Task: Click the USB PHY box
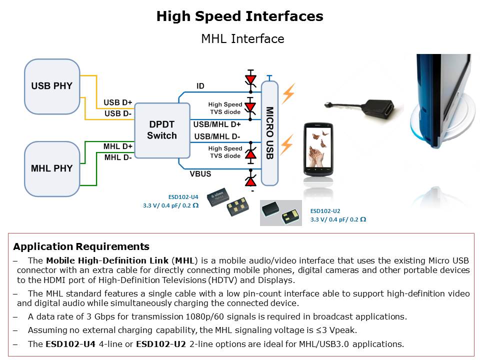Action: pyautogui.click(x=52, y=86)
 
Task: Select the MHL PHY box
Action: pyautogui.click(x=52, y=168)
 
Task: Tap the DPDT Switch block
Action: pyautogui.click(x=162, y=129)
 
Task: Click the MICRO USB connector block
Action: pyautogui.click(x=269, y=132)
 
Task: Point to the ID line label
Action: pyautogui.click(x=200, y=86)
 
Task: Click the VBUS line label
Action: pyautogui.click(x=200, y=174)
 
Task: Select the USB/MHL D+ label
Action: pyautogui.click(x=217, y=124)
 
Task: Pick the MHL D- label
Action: pyautogui.click(x=117, y=157)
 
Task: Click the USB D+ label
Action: pyautogui.click(x=117, y=102)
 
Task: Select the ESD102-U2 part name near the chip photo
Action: pyautogui.click(x=326, y=211)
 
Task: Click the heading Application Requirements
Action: pyautogui.click(x=81, y=246)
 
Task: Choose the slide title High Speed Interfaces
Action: pyautogui.click(x=239, y=16)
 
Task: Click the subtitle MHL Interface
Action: pyautogui.click(x=242, y=39)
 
